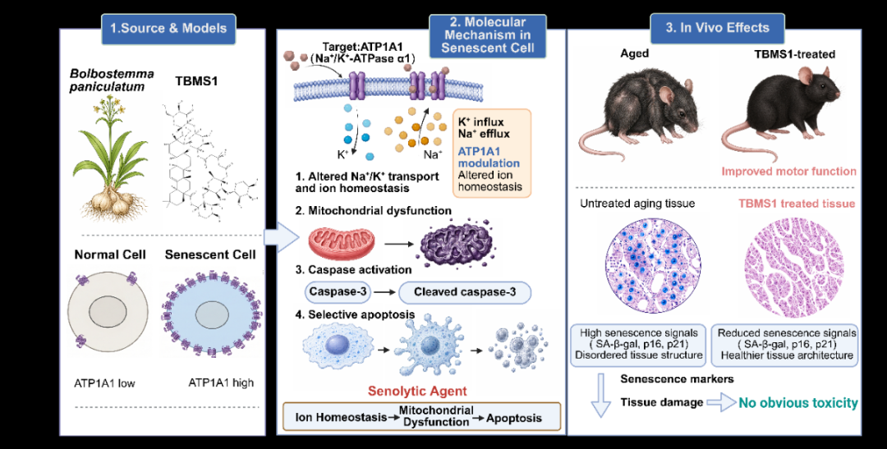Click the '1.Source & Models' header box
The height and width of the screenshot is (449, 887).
(x=168, y=28)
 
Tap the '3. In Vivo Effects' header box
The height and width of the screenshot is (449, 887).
(x=717, y=28)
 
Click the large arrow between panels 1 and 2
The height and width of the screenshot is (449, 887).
(x=281, y=237)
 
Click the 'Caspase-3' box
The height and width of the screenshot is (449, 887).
(x=338, y=292)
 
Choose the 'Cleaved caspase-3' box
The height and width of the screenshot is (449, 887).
(x=465, y=292)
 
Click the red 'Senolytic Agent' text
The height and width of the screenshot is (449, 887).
(x=417, y=390)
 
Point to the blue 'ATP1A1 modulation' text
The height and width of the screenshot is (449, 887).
(x=489, y=158)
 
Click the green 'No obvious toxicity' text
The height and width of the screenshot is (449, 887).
(x=797, y=403)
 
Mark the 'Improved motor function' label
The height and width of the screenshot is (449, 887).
(x=790, y=171)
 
